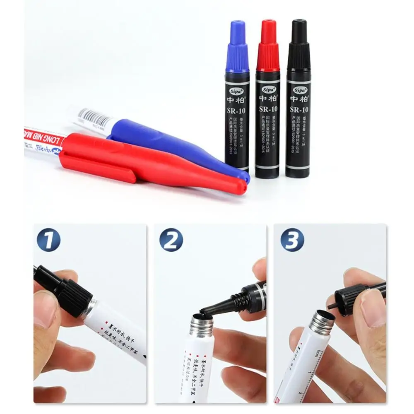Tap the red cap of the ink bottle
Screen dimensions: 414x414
[267, 46]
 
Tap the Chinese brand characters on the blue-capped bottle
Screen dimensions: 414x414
[237, 99]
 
